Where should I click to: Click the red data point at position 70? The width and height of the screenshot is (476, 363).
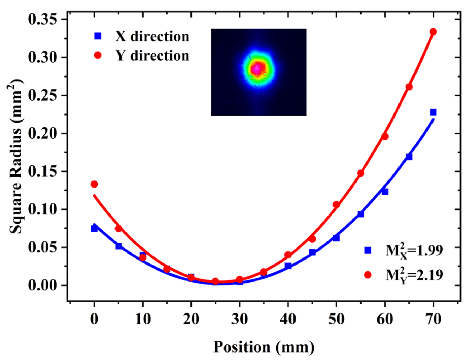pyautogui.click(x=434, y=32)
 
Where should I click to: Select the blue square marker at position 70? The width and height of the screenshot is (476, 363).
pyautogui.click(x=434, y=112)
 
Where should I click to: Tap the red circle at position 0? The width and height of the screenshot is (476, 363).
pyautogui.click(x=94, y=184)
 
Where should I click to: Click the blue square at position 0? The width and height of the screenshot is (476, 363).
pyautogui.click(x=94, y=229)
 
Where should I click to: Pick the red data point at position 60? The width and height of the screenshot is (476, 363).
pyautogui.click(x=385, y=136)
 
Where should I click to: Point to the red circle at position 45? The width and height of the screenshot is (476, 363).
pyautogui.click(x=312, y=239)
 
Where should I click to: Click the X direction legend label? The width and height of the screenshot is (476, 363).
pyautogui.click(x=152, y=36)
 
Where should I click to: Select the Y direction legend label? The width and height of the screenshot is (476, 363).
pyautogui.click(x=152, y=56)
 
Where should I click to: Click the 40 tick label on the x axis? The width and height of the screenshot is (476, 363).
pyautogui.click(x=288, y=319)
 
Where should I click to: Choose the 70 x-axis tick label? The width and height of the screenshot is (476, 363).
pyautogui.click(x=434, y=319)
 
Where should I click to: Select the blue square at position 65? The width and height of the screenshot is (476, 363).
pyautogui.click(x=409, y=157)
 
